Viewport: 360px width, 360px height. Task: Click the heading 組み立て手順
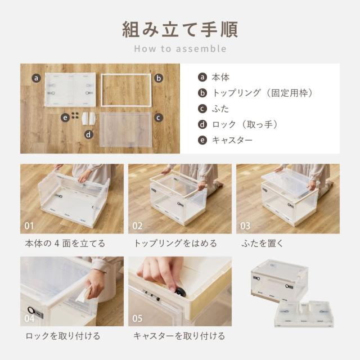pos(180,28)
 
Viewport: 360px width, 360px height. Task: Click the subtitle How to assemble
pos(180,48)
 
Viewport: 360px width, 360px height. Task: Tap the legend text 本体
pos(220,77)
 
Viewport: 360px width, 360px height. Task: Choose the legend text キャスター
pos(232,140)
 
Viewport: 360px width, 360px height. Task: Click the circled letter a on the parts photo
pos(36,78)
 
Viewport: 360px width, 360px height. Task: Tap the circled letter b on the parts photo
pos(159,78)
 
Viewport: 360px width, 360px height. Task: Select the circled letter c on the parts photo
pos(159,118)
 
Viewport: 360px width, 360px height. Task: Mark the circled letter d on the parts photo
pos(89,134)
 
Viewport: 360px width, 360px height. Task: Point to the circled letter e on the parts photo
pos(66,118)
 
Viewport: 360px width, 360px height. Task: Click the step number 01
pos(30,226)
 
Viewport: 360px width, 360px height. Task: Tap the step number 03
pos(245,226)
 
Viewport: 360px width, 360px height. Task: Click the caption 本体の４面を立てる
pos(65,244)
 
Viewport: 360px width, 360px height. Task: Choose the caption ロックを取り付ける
pos(62,336)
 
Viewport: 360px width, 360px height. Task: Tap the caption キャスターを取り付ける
pos(179,336)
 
